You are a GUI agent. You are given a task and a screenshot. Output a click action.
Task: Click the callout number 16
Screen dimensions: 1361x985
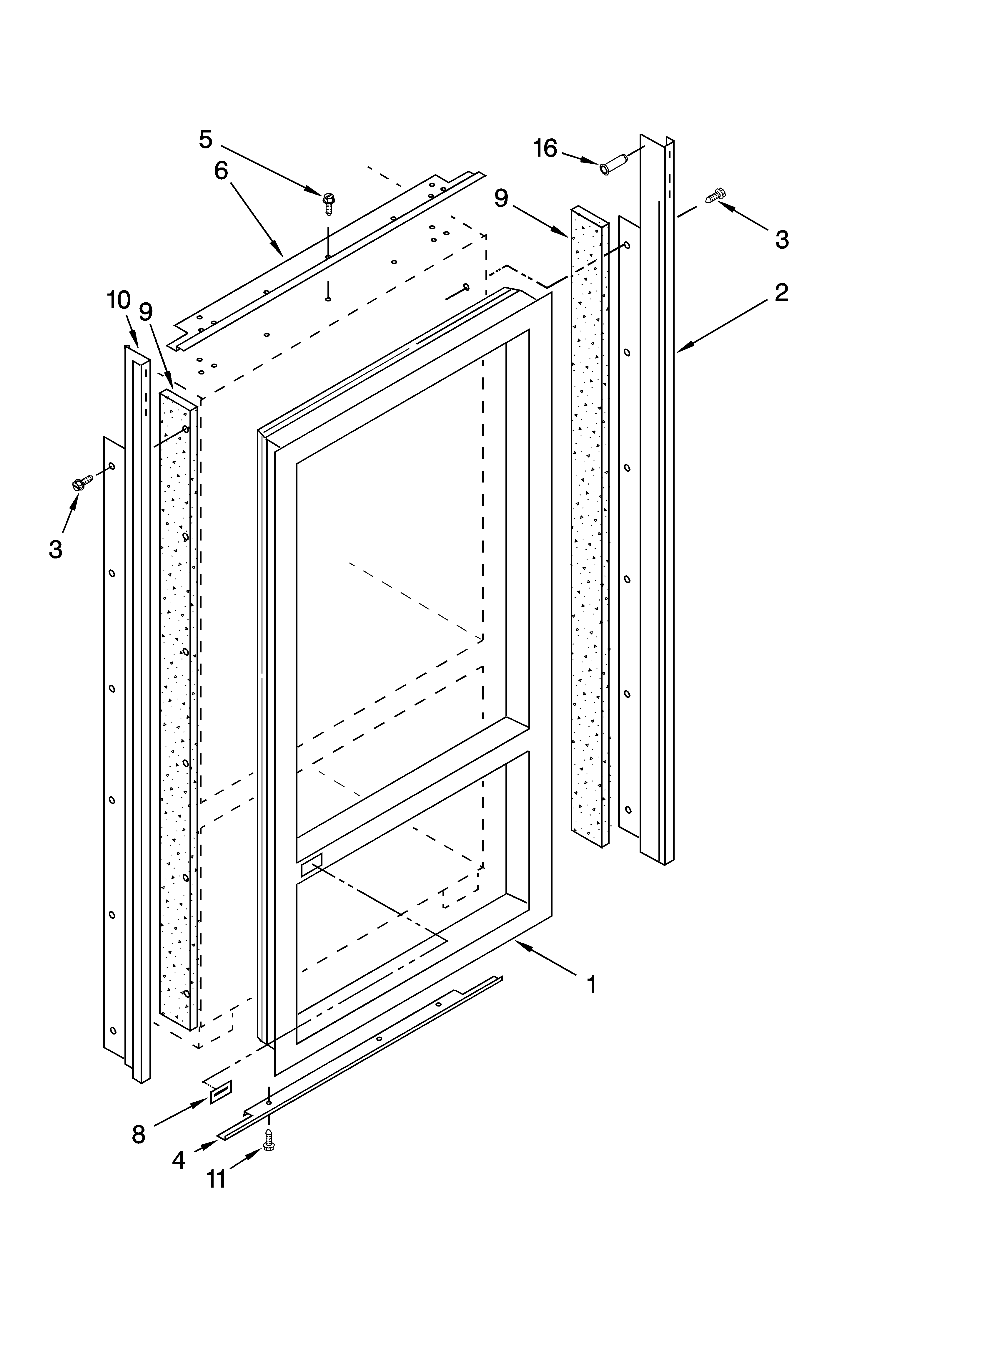(x=545, y=148)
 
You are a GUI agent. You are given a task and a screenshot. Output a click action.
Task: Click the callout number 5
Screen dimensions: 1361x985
(x=206, y=140)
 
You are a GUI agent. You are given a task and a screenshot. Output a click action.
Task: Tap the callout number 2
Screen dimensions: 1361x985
(x=781, y=293)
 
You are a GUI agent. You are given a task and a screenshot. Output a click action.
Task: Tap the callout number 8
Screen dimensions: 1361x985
(x=139, y=1135)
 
